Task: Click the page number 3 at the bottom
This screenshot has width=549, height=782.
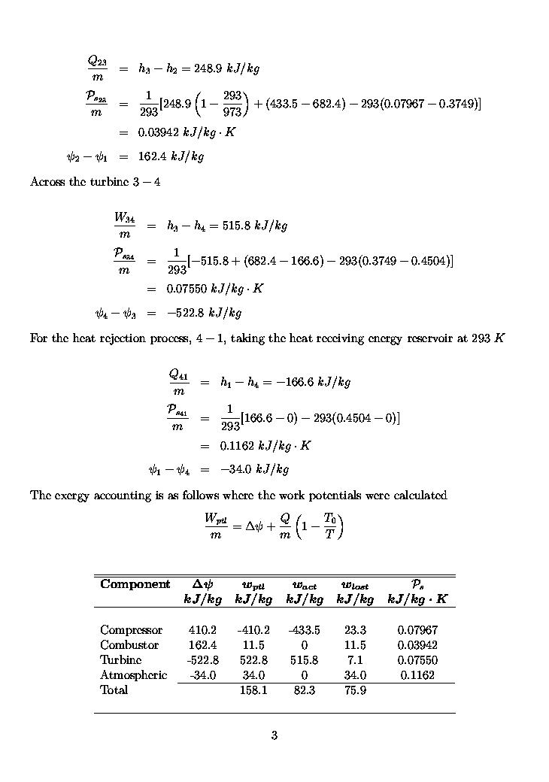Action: click(274, 735)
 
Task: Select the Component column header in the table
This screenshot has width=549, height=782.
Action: click(135, 584)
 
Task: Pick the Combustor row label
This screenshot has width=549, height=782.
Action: click(129, 645)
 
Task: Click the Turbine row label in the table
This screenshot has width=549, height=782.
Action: click(121, 660)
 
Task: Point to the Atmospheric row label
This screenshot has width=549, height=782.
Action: click(133, 675)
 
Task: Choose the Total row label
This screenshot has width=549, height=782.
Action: click(114, 690)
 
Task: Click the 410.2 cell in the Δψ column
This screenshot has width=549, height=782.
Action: click(202, 630)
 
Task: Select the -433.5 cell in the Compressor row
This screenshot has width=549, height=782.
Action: click(304, 630)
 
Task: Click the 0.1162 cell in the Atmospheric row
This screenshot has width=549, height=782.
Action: click(417, 675)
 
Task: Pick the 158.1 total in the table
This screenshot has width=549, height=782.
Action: click(253, 690)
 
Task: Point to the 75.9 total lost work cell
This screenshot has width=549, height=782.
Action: click(355, 690)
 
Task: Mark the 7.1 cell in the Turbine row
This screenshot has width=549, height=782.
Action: click(355, 660)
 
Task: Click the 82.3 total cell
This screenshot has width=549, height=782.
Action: click(304, 690)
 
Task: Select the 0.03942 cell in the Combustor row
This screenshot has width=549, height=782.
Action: click(417, 645)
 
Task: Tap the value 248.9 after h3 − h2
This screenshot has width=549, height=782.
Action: click(208, 68)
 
